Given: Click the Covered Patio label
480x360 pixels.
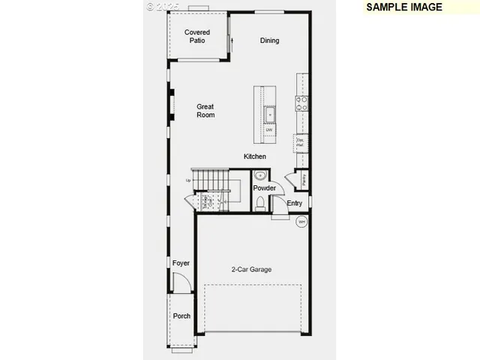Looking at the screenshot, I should pyautogui.click(x=197, y=37).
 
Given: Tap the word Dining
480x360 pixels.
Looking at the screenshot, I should pyautogui.click(x=269, y=40).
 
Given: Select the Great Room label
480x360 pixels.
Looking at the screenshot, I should pyautogui.click(x=205, y=111).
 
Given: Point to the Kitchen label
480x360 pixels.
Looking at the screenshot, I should pyautogui.click(x=254, y=157).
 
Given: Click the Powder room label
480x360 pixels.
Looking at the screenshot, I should pyautogui.click(x=264, y=188).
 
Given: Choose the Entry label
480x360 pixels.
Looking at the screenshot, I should pyautogui.click(x=295, y=203).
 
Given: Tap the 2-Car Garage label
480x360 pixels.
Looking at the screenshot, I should pyautogui.click(x=251, y=269).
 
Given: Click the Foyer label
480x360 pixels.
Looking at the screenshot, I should pyautogui.click(x=181, y=263).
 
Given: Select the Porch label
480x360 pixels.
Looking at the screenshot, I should pyautogui.click(x=181, y=316).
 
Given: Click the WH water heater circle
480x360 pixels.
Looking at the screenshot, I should pyautogui.click(x=301, y=221).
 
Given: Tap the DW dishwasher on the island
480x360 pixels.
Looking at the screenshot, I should pyautogui.click(x=268, y=130).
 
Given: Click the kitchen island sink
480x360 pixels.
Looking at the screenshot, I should pyautogui.click(x=268, y=114).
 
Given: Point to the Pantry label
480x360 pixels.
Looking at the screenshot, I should pyautogui.click(x=304, y=180).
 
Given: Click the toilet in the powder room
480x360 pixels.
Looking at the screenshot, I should pyautogui.click(x=260, y=202).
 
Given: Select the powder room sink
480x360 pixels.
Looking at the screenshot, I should pyautogui.click(x=259, y=175).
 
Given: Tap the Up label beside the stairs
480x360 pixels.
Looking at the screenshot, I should pyautogui.click(x=188, y=180).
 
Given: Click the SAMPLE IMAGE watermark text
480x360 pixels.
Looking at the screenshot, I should pyautogui.click(x=404, y=7).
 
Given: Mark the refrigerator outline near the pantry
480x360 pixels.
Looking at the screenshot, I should pyautogui.click(x=301, y=141).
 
